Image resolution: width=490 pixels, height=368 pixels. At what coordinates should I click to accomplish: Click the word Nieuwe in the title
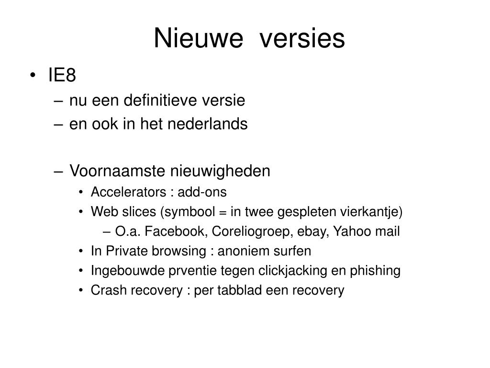pyautogui.click(x=199, y=38)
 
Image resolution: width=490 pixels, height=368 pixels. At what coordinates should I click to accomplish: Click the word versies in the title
pyautogui.click(x=302, y=38)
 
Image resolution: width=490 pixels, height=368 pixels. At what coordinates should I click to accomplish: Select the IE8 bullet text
pyautogui.click(x=62, y=75)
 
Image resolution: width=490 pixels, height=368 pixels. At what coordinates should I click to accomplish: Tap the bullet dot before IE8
pyautogui.click(x=33, y=75)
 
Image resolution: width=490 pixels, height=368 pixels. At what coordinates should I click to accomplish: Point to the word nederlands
pyautogui.click(x=208, y=124)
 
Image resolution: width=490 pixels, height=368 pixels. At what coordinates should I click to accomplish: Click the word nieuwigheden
pyautogui.click(x=220, y=171)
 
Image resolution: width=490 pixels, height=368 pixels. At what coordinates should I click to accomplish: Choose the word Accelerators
pyautogui.click(x=128, y=192)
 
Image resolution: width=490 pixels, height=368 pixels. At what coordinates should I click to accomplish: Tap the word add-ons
pyautogui.click(x=202, y=192)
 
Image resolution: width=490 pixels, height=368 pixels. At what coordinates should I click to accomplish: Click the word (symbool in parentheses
pyautogui.click(x=188, y=212)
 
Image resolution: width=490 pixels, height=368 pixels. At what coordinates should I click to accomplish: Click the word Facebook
pyautogui.click(x=175, y=231)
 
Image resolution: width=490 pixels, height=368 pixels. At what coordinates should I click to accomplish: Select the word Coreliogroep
pyautogui.click(x=252, y=231)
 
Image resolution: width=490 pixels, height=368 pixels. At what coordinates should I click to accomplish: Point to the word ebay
pyautogui.click(x=313, y=231)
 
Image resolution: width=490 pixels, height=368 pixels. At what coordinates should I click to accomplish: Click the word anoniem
pyautogui.click(x=240, y=251)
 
